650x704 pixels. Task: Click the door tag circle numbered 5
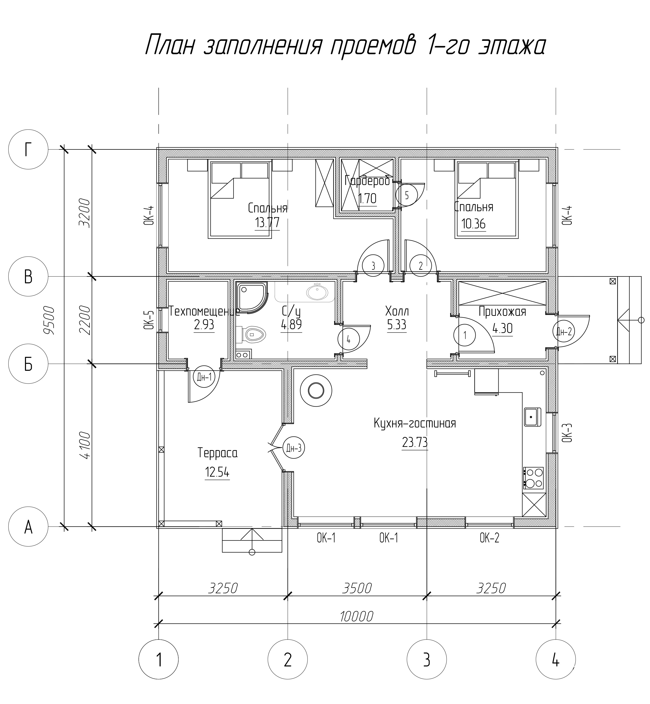click(x=407, y=195)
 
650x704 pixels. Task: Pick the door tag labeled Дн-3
click(x=293, y=448)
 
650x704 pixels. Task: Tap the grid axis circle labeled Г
click(x=28, y=150)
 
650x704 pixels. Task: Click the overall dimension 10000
click(x=356, y=616)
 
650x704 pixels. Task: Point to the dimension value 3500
click(x=357, y=588)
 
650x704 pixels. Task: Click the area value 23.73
click(x=415, y=442)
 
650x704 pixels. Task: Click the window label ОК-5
click(x=149, y=320)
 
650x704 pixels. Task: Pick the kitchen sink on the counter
click(x=532, y=417)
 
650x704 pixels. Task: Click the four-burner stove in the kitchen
click(x=533, y=478)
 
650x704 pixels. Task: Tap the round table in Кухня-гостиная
click(x=316, y=390)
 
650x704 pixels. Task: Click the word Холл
click(x=397, y=311)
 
